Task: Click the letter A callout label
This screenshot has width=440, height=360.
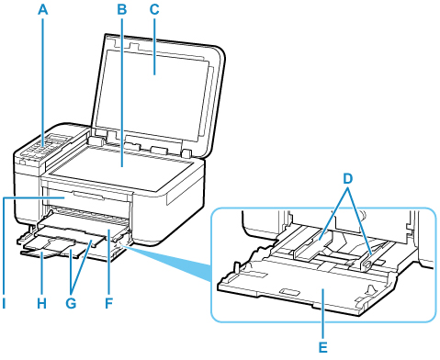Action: [43, 9]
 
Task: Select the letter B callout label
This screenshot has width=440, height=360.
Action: [122, 9]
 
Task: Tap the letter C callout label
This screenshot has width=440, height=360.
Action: [154, 9]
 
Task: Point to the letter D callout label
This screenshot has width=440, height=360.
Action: [347, 179]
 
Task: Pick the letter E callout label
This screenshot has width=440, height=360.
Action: [323, 348]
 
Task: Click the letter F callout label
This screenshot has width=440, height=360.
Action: [108, 303]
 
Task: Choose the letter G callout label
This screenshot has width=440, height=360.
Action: [71, 303]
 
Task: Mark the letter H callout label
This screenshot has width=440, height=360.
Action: [42, 303]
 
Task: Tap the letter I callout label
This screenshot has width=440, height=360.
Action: [4, 303]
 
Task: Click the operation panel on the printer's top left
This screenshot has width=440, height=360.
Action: [46, 147]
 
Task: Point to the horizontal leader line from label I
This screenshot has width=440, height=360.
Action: [34, 198]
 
